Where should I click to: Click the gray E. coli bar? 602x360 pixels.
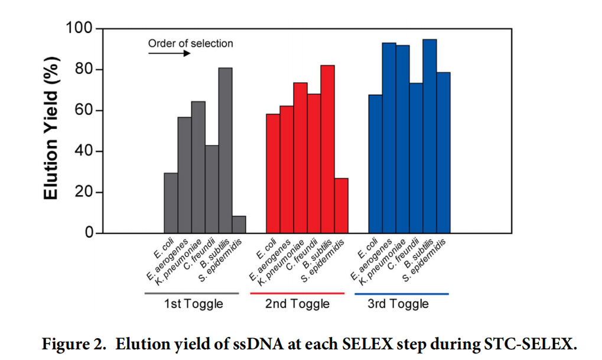click(x=171, y=203)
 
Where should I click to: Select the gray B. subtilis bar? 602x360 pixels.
click(x=225, y=150)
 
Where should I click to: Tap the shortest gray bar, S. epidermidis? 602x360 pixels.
click(x=239, y=225)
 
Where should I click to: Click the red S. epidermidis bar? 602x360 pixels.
click(x=341, y=205)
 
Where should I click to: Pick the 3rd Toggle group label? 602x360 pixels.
click(x=398, y=304)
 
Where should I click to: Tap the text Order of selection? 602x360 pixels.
click(x=190, y=43)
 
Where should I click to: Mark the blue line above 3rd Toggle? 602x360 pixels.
click(x=401, y=293)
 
